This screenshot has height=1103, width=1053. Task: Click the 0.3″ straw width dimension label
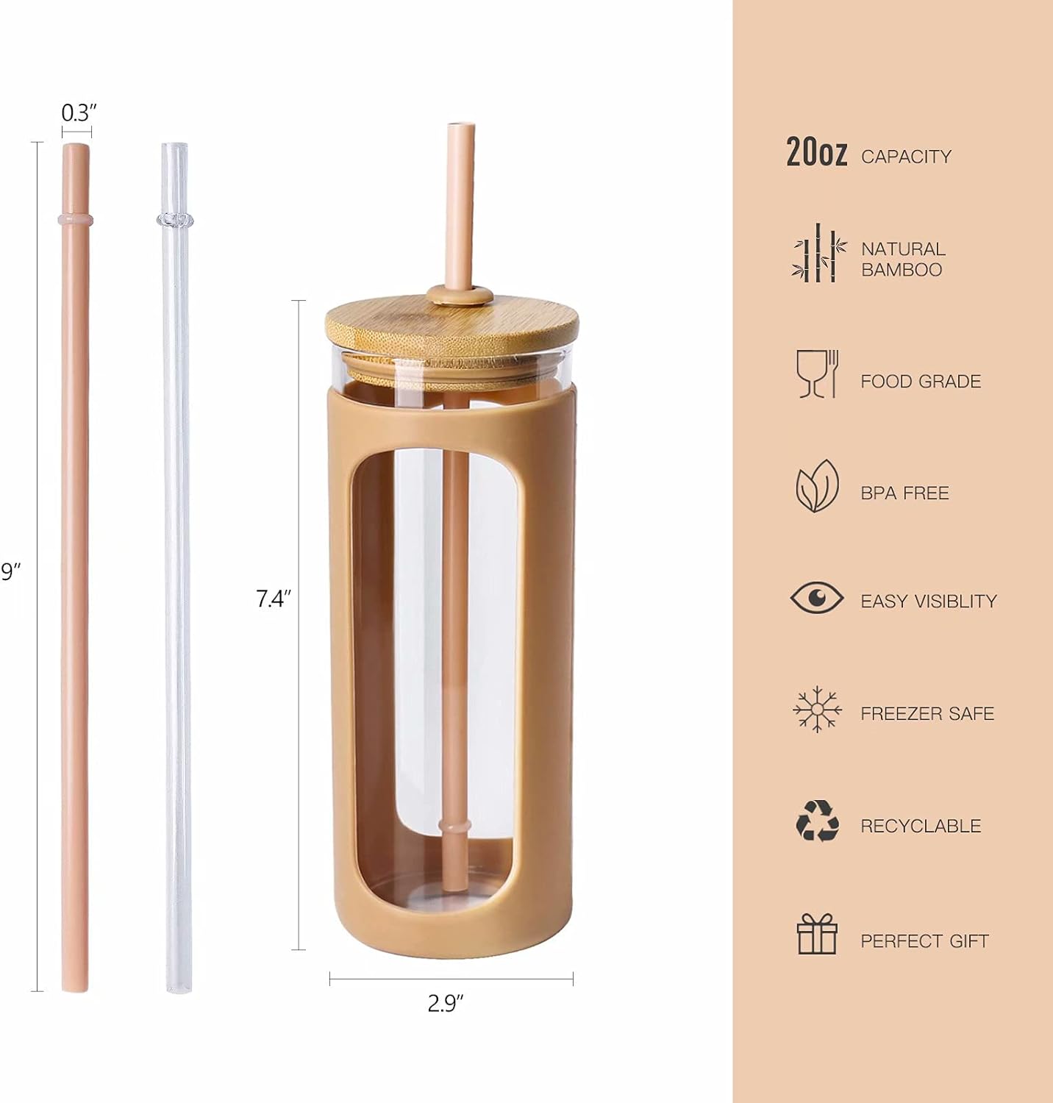pyautogui.click(x=79, y=113)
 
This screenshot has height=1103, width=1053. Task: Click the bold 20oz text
pyautogui.click(x=816, y=153)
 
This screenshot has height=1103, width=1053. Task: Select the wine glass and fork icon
pyautogui.click(x=817, y=374)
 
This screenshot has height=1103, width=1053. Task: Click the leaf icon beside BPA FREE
pyautogui.click(x=817, y=487)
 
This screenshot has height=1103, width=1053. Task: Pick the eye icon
pyautogui.click(x=817, y=597)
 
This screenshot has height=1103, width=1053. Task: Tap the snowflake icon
pyautogui.click(x=817, y=710)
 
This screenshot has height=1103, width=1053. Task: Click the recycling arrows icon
pyautogui.click(x=817, y=821)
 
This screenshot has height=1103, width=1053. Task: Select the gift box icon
pyautogui.click(x=817, y=935)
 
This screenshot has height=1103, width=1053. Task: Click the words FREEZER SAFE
pyautogui.click(x=927, y=713)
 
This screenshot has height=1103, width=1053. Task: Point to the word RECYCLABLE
pyautogui.click(x=921, y=826)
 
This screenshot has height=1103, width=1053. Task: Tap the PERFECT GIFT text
pyautogui.click(x=924, y=940)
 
